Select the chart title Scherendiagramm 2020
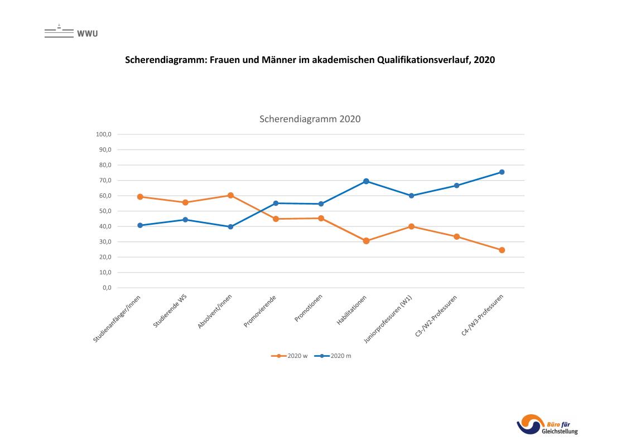[x=310, y=119]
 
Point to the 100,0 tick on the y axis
[x=105, y=134]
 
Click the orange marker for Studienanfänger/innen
[x=140, y=197]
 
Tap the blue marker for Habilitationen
[x=366, y=181]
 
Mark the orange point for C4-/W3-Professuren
[x=502, y=250]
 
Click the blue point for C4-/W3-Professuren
[x=502, y=172]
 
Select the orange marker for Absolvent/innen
[x=230, y=196]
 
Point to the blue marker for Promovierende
[x=276, y=203]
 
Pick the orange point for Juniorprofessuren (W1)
[x=411, y=226]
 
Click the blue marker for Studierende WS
[x=185, y=220]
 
